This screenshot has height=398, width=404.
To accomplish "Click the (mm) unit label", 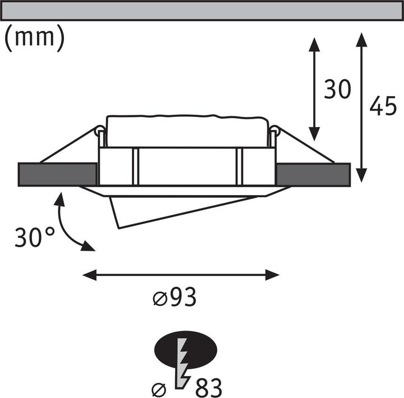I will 34,38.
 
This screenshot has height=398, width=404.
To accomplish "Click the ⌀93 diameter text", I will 175,298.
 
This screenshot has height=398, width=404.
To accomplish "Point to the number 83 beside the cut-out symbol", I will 208,388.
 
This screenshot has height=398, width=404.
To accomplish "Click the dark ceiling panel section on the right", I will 313,174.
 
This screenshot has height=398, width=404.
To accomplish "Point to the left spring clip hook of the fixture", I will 99,133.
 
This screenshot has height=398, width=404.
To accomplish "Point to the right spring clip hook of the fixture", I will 274,133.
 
